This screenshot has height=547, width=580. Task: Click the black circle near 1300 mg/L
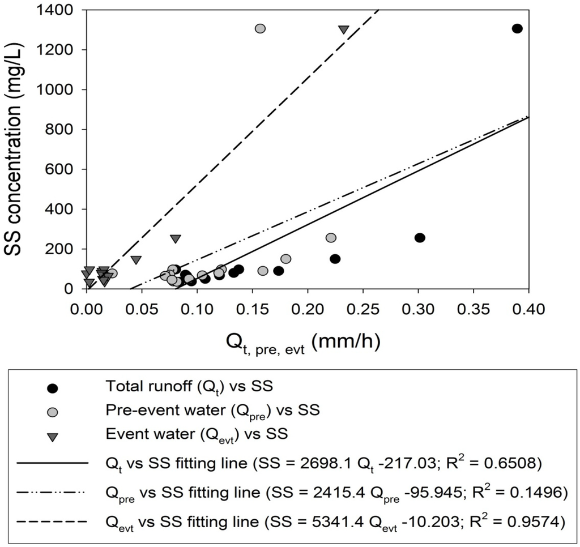click(517, 28)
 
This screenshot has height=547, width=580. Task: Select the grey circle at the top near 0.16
click(260, 28)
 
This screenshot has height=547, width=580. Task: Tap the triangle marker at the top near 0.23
click(343, 29)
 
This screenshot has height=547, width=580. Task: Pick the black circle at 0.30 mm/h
click(420, 238)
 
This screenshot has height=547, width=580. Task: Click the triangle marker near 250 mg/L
click(176, 238)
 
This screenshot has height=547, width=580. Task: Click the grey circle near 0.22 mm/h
click(331, 238)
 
